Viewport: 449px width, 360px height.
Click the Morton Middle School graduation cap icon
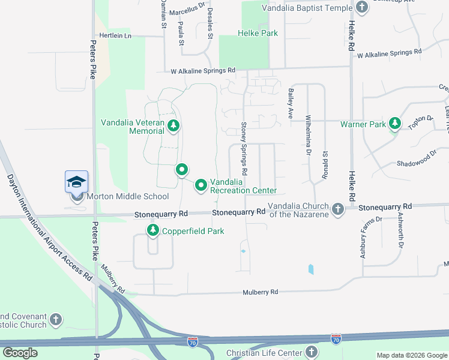77,181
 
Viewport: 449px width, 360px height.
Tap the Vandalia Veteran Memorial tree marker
173,125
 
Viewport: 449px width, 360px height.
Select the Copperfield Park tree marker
153,230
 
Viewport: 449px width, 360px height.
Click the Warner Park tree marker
394,124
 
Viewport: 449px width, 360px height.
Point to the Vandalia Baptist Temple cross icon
361,7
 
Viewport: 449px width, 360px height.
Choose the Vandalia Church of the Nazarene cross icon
338,209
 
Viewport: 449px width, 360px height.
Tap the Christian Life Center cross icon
311,352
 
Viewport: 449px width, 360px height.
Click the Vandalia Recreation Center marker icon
201,186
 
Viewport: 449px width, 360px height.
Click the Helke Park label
258,33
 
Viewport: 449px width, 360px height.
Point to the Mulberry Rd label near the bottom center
261,292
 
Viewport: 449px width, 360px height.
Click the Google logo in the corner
20,353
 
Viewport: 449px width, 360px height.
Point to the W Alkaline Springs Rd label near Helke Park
203,70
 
